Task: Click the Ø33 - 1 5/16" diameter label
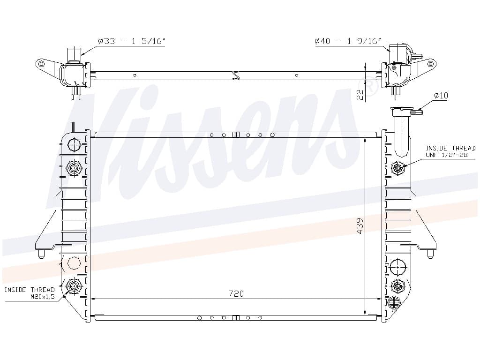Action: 132,41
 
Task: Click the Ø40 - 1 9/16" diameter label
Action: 348,41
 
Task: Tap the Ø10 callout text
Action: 441,96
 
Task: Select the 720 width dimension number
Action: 236,293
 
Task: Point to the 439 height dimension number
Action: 360,226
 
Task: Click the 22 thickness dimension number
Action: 360,95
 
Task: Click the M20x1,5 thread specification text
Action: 42,297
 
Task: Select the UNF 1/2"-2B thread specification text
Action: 446,155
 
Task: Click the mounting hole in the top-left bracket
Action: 41,64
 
